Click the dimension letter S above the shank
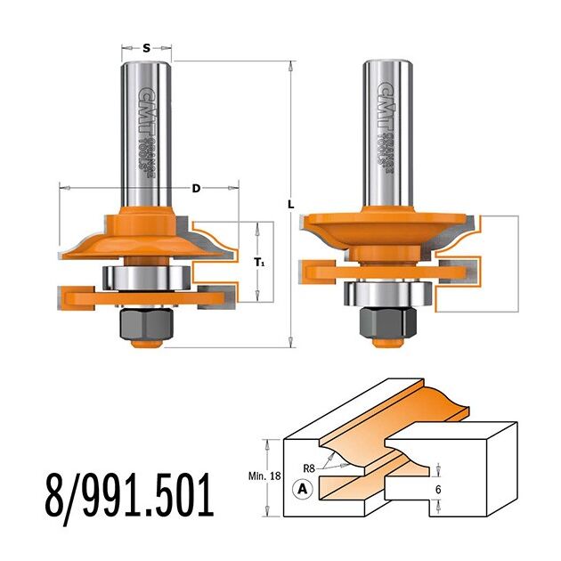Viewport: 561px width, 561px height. click(146, 48)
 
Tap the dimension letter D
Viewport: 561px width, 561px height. click(196, 188)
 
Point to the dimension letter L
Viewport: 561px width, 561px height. click(291, 205)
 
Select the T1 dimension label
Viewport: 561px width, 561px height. click(260, 263)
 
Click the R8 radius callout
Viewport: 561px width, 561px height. click(309, 468)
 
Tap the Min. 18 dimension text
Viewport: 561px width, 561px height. click(264, 476)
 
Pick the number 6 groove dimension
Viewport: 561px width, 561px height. click(439, 489)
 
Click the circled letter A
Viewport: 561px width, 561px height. click(303, 489)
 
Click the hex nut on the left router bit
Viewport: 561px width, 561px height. click(147, 323)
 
